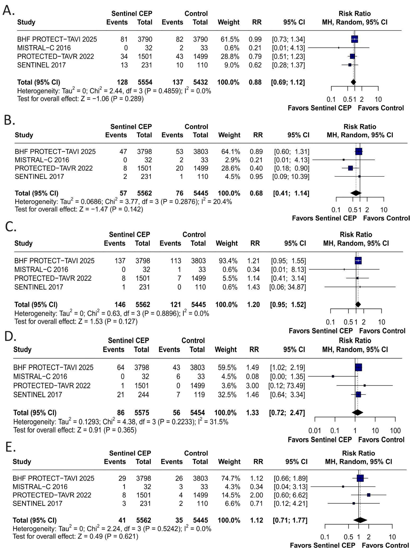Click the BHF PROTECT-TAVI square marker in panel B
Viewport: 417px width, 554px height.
(x=359, y=151)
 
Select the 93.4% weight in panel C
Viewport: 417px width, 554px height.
(x=227, y=261)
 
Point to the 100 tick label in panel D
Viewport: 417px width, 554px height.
(x=395, y=431)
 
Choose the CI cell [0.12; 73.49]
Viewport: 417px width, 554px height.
(x=286, y=386)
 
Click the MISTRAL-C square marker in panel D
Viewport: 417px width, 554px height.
(x=333, y=376)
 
